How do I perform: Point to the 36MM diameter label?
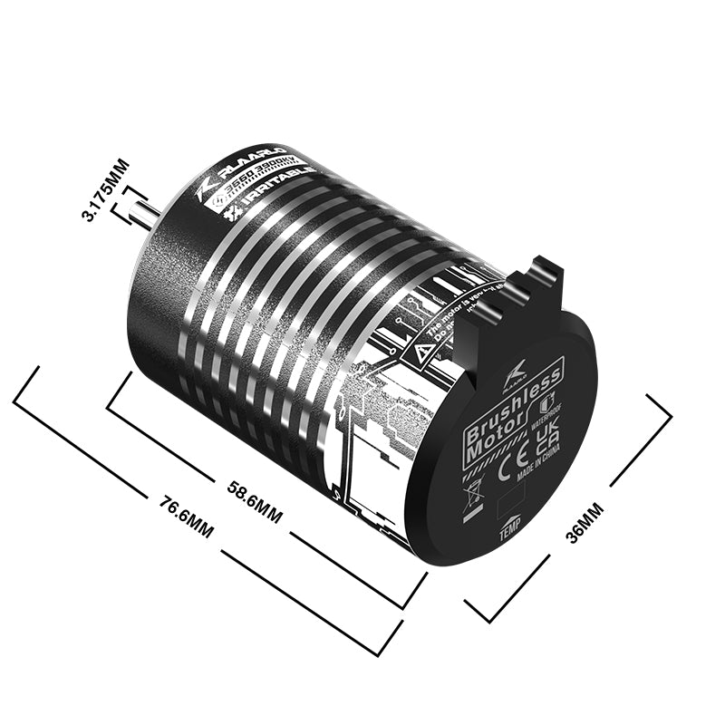click(x=584, y=523)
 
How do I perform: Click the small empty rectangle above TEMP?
click(x=513, y=501)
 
